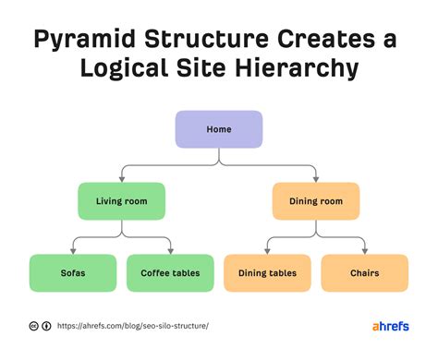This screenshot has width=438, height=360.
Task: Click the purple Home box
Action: pyautogui.click(x=219, y=129)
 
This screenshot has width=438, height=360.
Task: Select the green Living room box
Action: pyautogui.click(x=121, y=200)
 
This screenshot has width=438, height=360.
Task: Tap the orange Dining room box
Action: pyautogui.click(x=316, y=200)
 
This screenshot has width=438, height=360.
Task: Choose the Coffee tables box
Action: pyautogui.click(x=169, y=273)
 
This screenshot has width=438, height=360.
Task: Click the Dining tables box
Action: pyautogui.click(x=267, y=273)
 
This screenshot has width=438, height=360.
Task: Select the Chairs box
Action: pyautogui.click(x=364, y=273)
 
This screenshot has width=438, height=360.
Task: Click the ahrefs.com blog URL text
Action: pyautogui.click(x=133, y=326)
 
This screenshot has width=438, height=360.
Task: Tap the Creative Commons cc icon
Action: pyautogui.click(x=34, y=326)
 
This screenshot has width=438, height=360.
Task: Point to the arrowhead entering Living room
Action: pyautogui.click(x=121, y=178)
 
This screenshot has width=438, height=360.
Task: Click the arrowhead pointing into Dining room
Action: pyautogui.click(x=316, y=178)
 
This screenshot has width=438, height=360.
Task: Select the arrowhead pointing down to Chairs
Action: pyautogui.click(x=364, y=250)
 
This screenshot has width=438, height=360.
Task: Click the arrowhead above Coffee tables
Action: pyautogui.click(x=170, y=250)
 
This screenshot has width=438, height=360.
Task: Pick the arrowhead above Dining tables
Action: pyautogui.click(x=267, y=250)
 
